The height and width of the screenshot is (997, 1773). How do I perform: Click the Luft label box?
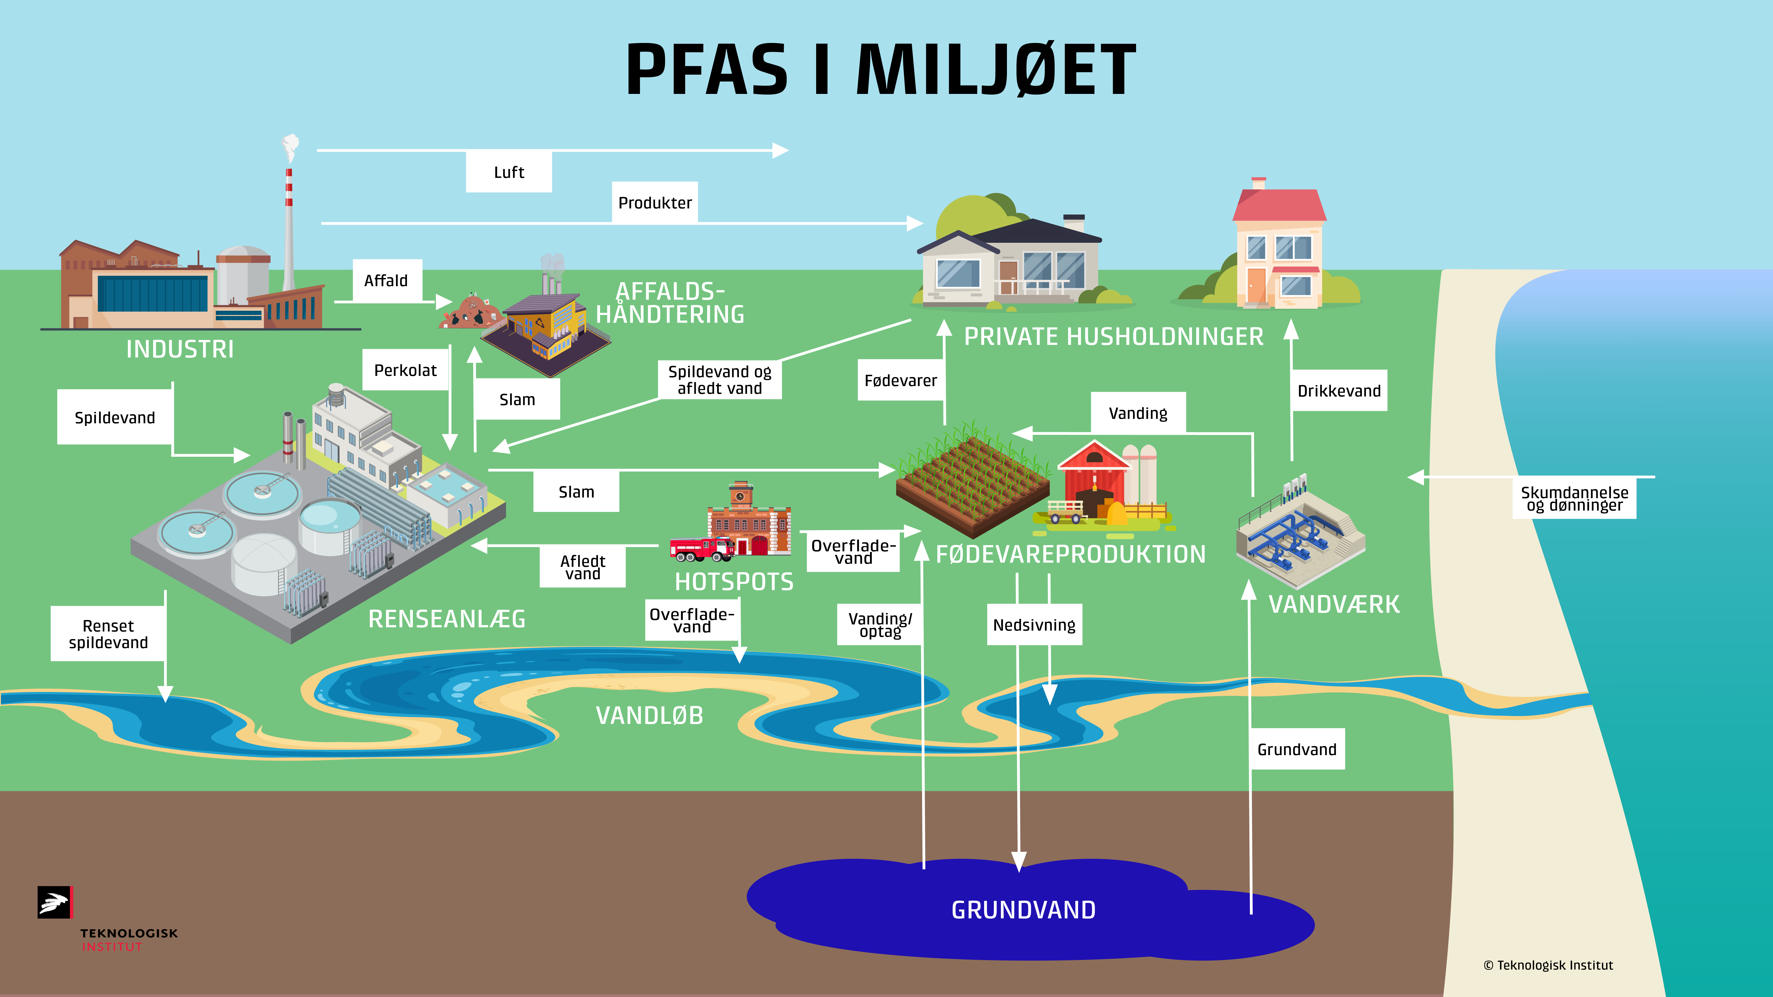click(x=509, y=172)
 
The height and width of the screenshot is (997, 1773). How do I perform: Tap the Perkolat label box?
click(x=405, y=370)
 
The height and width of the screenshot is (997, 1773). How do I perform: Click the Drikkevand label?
click(x=1339, y=391)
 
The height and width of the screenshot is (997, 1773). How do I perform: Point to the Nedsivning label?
click(x=1034, y=625)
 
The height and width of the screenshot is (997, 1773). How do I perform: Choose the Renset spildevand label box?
click(x=108, y=634)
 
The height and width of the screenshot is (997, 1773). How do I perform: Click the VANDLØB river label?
click(x=649, y=716)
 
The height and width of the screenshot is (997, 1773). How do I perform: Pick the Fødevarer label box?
click(x=900, y=381)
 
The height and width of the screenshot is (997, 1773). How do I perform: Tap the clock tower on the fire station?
click(x=741, y=494)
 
